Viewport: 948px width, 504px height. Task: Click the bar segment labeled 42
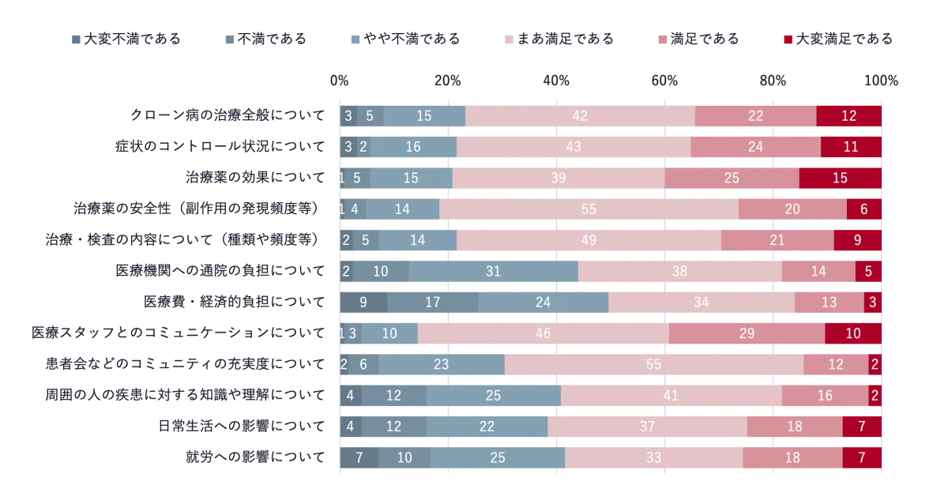pos(580,115)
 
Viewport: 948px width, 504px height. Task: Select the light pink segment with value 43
pos(574,147)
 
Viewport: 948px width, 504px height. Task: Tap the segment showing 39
pos(559,178)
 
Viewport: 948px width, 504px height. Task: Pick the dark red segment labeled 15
pos(840,178)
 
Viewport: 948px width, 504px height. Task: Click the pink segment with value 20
pos(792,209)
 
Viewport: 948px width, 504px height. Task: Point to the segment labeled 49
pos(589,240)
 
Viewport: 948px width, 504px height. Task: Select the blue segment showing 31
pos(493,271)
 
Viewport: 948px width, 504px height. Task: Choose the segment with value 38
pos(679,271)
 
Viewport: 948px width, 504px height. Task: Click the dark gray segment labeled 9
pos(363,302)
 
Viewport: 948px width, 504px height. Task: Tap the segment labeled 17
pos(432,302)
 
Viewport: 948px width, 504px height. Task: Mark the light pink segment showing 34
pos(701,302)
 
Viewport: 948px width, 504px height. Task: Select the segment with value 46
pos(543,333)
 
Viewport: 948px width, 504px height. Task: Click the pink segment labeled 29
pos(747,333)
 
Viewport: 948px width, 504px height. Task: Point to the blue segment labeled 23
pos(441,364)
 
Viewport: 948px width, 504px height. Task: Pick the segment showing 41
pos(671,395)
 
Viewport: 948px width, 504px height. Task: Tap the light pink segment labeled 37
pos(647,427)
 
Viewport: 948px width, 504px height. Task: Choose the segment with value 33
pos(653,457)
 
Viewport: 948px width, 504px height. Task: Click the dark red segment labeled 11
pos(851,147)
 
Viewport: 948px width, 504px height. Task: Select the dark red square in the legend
pos(788,37)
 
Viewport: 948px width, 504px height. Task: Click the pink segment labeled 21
pos(777,240)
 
